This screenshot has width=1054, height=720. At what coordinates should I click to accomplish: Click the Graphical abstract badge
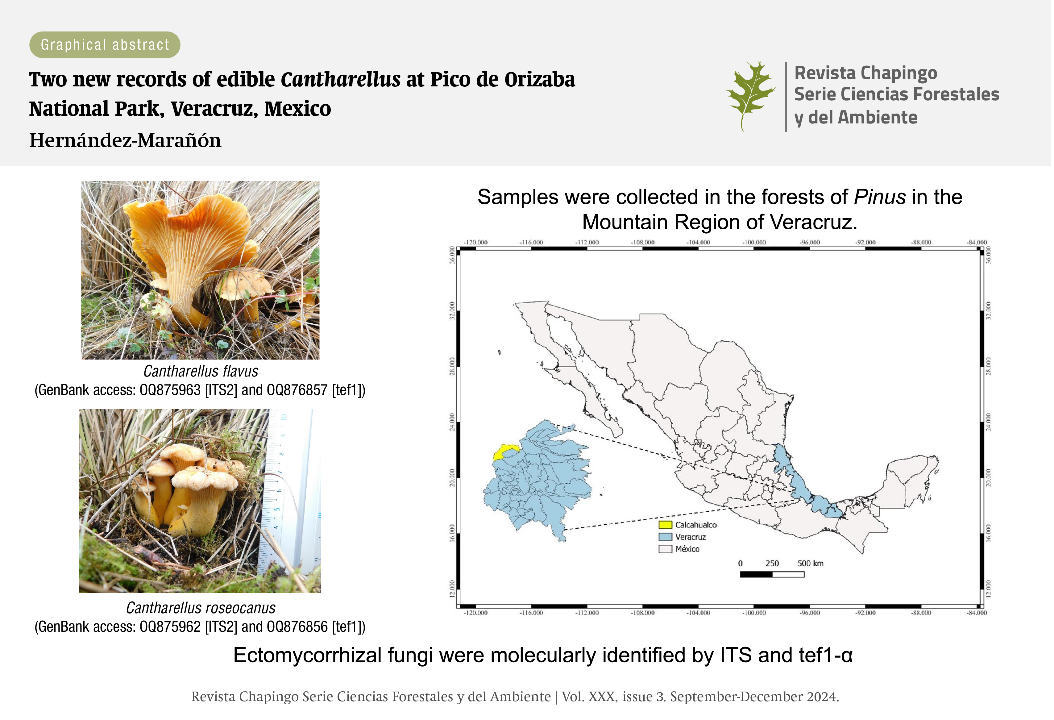tap(105, 44)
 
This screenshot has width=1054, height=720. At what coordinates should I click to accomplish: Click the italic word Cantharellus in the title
tap(341, 79)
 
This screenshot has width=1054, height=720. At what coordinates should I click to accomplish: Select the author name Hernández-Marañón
tap(125, 140)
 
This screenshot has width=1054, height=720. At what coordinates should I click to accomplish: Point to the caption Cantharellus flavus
tap(201, 371)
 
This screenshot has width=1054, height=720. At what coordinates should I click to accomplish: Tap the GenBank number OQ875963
tap(170, 390)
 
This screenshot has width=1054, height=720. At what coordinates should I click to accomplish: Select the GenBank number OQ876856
tap(297, 626)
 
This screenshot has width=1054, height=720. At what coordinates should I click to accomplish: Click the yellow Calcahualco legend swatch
tap(665, 525)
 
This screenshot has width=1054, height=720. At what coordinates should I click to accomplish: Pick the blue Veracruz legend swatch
tap(665, 537)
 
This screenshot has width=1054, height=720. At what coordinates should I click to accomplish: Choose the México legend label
tap(687, 549)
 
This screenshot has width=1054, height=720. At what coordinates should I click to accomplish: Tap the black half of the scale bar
tap(756, 574)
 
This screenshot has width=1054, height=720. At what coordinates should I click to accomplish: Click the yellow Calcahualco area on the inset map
tap(503, 452)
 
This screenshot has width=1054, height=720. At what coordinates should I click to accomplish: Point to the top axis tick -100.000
tap(754, 242)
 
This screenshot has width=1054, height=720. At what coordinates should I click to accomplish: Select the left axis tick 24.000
tap(452, 422)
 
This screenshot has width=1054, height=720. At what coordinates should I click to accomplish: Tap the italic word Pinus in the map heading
tap(880, 197)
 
